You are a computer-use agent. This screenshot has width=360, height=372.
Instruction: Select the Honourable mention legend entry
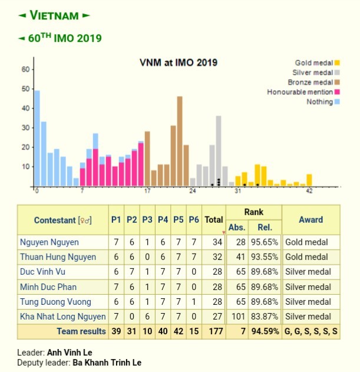pyautogui.click(x=300, y=92)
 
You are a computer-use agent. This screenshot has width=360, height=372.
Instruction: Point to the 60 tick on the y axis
pyautogui.click(x=25, y=69)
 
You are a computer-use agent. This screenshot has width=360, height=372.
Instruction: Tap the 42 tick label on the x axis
pyautogui.click(x=309, y=192)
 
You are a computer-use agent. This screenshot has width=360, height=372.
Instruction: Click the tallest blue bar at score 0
pyautogui.click(x=37, y=138)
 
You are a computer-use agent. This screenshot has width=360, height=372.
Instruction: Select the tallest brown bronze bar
pyautogui.click(x=180, y=141)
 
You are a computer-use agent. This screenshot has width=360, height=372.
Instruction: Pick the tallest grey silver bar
pyautogui.click(x=219, y=150)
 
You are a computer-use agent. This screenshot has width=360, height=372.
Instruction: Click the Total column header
pyautogui.click(x=213, y=220)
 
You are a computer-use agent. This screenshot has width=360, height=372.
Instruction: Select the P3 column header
pyautogui.click(x=147, y=220)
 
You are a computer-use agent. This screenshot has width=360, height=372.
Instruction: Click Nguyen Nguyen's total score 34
pyautogui.click(x=216, y=242)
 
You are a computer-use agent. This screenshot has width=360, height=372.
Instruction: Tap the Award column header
pyautogui.click(x=311, y=220)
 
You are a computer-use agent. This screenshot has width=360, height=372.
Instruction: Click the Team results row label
pyautogui.click(x=81, y=332)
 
